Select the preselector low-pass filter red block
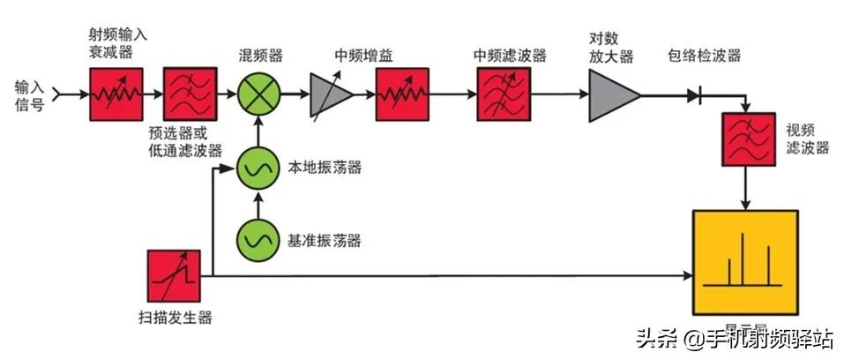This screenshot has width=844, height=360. pyautogui.click(x=189, y=93)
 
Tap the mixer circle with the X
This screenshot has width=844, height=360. pyautogui.click(x=258, y=93)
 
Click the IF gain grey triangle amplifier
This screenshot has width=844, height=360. pyautogui.click(x=328, y=94)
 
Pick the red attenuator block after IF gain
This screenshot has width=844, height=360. pyautogui.click(x=402, y=93)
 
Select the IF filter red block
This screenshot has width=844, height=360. pyautogui.click(x=502, y=93)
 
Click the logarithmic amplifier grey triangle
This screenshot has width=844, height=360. pyautogui.click(x=611, y=93)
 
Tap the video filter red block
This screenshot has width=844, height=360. pyautogui.click(x=746, y=139)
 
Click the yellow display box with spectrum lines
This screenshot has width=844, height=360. pyautogui.click(x=745, y=262)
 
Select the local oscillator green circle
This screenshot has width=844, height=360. pyautogui.click(x=258, y=169)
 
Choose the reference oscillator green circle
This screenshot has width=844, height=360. pyautogui.click(x=258, y=240)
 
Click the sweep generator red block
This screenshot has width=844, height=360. pyautogui.click(x=174, y=275)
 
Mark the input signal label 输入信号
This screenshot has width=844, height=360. pyautogui.click(x=29, y=94)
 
